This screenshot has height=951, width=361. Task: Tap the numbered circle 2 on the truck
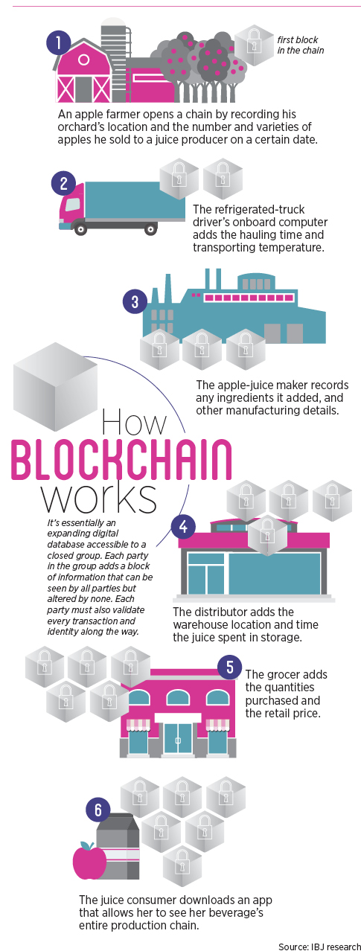[63, 183]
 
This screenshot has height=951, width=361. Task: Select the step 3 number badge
[135, 301]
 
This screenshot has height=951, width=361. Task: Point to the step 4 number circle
[183, 526]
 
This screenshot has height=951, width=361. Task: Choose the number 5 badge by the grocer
[230, 667]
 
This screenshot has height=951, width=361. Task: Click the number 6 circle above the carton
[98, 810]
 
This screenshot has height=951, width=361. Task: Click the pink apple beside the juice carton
[89, 860]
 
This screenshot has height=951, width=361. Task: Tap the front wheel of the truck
[80, 229]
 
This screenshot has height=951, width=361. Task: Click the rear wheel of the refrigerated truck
[150, 229]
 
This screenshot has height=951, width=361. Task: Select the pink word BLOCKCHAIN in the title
[121, 459]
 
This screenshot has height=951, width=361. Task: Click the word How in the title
[134, 422]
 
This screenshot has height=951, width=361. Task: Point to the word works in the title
[99, 498]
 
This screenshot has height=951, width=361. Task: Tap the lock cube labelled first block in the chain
[254, 45]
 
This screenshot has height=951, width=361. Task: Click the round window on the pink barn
[83, 59]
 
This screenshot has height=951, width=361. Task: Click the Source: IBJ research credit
[319, 946]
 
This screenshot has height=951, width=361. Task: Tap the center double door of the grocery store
[178, 739]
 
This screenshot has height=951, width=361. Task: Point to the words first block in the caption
[297, 40]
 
